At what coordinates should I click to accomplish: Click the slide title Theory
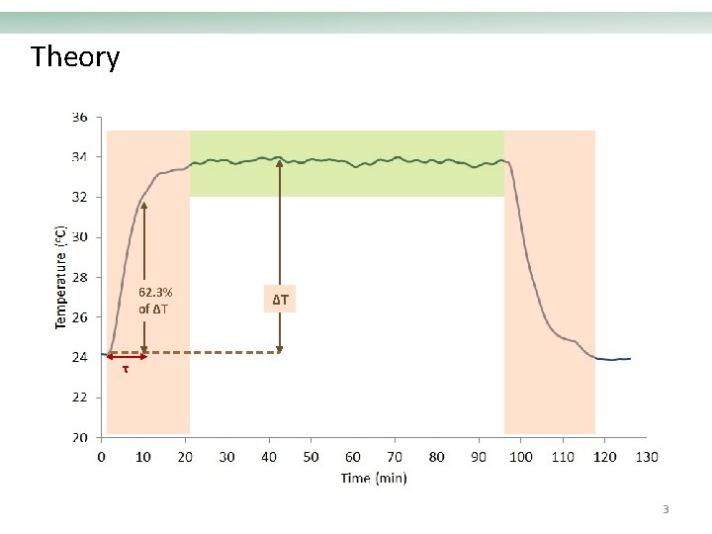(75, 57)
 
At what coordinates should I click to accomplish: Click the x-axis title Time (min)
(374, 479)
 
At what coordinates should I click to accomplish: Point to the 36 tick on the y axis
(79, 117)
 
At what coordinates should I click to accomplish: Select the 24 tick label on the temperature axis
(79, 357)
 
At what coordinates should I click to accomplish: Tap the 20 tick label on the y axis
(79, 437)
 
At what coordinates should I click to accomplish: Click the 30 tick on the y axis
(79, 237)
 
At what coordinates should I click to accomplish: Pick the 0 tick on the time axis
(102, 457)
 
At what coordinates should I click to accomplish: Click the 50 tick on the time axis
(311, 457)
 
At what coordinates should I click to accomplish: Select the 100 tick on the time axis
(520, 457)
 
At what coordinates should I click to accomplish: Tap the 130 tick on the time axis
(646, 457)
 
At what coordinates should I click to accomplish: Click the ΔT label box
(281, 298)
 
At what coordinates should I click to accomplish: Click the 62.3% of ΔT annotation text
(154, 300)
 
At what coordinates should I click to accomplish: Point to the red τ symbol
(125, 370)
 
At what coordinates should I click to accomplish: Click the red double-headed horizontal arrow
(126, 356)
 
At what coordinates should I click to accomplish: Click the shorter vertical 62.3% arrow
(144, 247)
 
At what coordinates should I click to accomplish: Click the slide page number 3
(666, 510)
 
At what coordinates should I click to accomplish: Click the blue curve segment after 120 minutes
(615, 359)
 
